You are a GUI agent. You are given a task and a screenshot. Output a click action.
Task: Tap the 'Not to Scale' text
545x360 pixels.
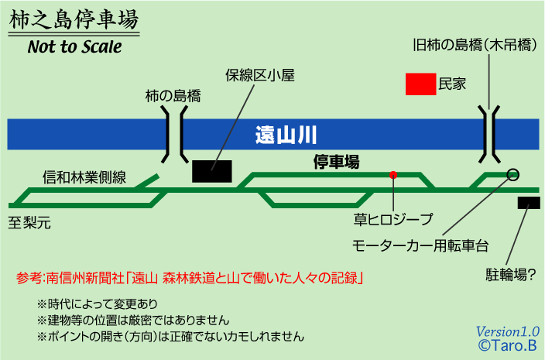(x=74, y=47)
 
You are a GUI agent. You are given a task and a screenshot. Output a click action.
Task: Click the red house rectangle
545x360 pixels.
(x=420, y=84)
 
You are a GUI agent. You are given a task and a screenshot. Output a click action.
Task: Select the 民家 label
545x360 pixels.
(x=452, y=84)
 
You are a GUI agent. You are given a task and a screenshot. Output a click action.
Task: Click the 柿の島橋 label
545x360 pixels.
(x=173, y=97)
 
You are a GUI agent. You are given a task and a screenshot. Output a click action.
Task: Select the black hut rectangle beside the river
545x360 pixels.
(x=212, y=170)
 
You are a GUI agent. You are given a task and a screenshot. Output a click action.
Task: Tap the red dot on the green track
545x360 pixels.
(x=393, y=174)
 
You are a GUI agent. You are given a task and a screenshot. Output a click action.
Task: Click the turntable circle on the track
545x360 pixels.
(x=512, y=174)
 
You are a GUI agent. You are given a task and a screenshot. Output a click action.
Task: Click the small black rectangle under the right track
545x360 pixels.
(x=529, y=203)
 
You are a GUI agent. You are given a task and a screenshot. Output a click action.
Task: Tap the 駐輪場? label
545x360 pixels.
(x=510, y=275)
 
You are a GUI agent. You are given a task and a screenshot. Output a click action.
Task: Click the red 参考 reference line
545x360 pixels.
(x=190, y=277)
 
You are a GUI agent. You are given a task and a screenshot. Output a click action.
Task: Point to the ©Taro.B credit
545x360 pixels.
(x=507, y=346)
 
